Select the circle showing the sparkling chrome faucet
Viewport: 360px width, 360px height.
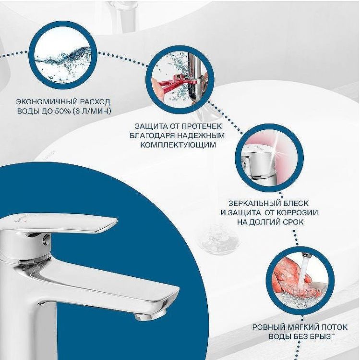pos(269,158)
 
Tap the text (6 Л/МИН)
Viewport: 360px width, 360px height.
pos(96,111)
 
